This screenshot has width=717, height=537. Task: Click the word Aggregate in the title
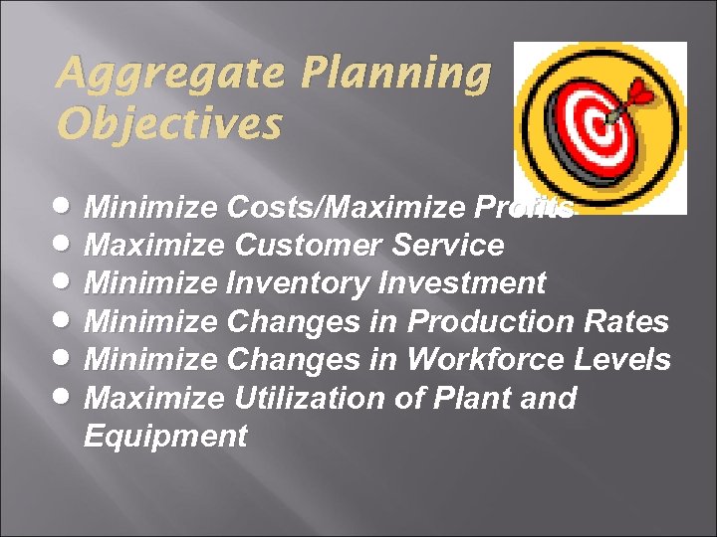point(169,74)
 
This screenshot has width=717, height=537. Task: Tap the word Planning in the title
point(395,74)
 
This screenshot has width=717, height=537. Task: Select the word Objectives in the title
point(169,125)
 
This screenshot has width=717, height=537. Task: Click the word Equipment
point(165,436)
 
